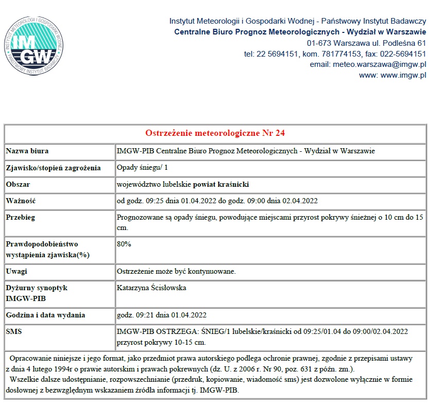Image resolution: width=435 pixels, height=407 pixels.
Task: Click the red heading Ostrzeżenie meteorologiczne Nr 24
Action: tap(215, 133)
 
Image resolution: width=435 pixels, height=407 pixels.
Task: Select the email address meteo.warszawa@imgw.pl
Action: tap(368, 64)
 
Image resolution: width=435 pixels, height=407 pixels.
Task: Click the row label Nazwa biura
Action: tap(27, 151)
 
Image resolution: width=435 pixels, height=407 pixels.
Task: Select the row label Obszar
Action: tap(18, 184)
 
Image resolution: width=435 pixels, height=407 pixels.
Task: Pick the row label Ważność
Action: tap(21, 200)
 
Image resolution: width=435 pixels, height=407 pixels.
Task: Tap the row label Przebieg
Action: tap(21, 217)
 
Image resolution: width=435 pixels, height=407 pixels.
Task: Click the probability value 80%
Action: tap(124, 244)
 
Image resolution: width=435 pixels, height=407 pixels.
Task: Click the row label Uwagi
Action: tap(16, 271)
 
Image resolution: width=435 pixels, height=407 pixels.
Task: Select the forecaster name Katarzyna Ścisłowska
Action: tap(151, 288)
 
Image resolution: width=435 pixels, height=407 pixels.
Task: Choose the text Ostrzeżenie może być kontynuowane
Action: tap(176, 271)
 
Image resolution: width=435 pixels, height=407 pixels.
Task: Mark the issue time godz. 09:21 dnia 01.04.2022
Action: tap(162, 315)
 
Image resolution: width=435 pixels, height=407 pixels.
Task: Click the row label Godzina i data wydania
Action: tap(45, 315)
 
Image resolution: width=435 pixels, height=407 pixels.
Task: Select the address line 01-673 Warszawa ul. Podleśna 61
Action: tap(367, 43)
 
